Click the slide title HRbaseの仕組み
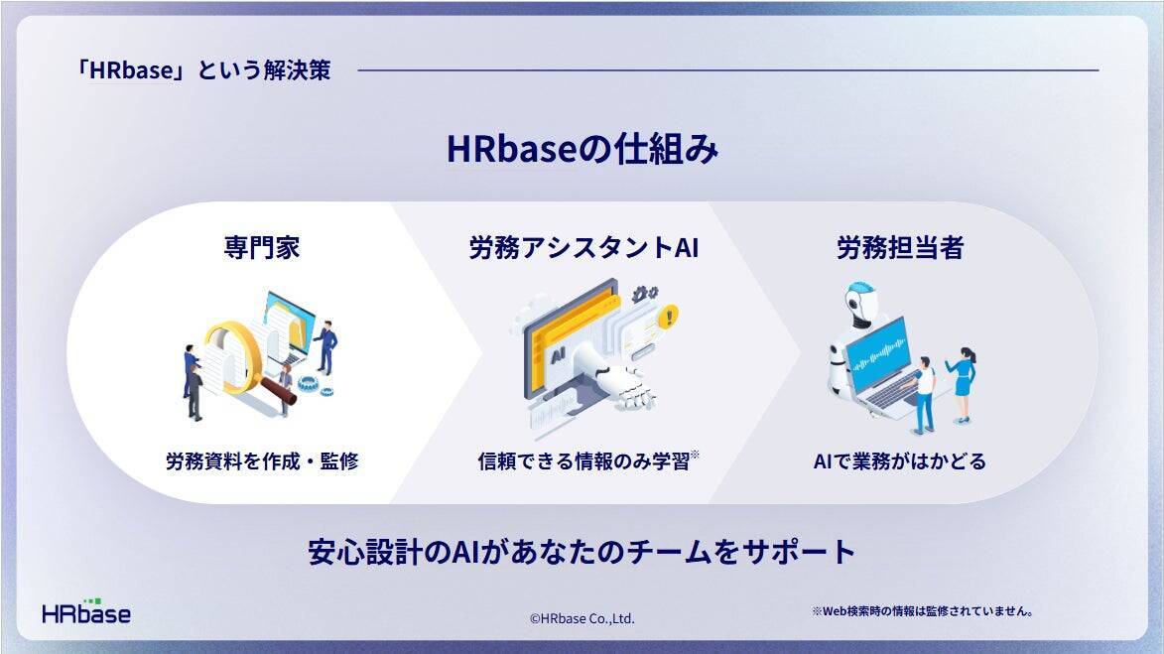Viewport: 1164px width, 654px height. [x=582, y=149]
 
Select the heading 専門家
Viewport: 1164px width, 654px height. [x=262, y=247]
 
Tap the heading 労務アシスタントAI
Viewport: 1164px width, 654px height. [x=583, y=247]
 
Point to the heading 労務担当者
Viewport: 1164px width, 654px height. [x=900, y=247]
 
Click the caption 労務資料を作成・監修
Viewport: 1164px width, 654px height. [x=262, y=461]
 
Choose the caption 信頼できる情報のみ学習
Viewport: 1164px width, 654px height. [x=584, y=461]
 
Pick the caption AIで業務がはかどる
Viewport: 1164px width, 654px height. [x=900, y=461]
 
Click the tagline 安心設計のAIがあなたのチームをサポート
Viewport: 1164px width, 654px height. [x=582, y=553]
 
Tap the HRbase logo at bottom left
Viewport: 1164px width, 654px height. [x=86, y=611]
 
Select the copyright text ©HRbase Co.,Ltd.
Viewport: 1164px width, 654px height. [x=582, y=618]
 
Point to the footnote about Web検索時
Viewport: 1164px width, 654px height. [x=922, y=611]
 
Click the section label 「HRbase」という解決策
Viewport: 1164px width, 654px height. [x=203, y=69]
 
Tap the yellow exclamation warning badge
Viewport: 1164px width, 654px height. [x=670, y=317]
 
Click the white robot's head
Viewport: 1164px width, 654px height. [x=861, y=303]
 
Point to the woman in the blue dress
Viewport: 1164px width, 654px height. [x=963, y=384]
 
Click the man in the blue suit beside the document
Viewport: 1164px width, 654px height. [x=325, y=346]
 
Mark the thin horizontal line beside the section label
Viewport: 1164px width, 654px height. [x=728, y=70]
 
